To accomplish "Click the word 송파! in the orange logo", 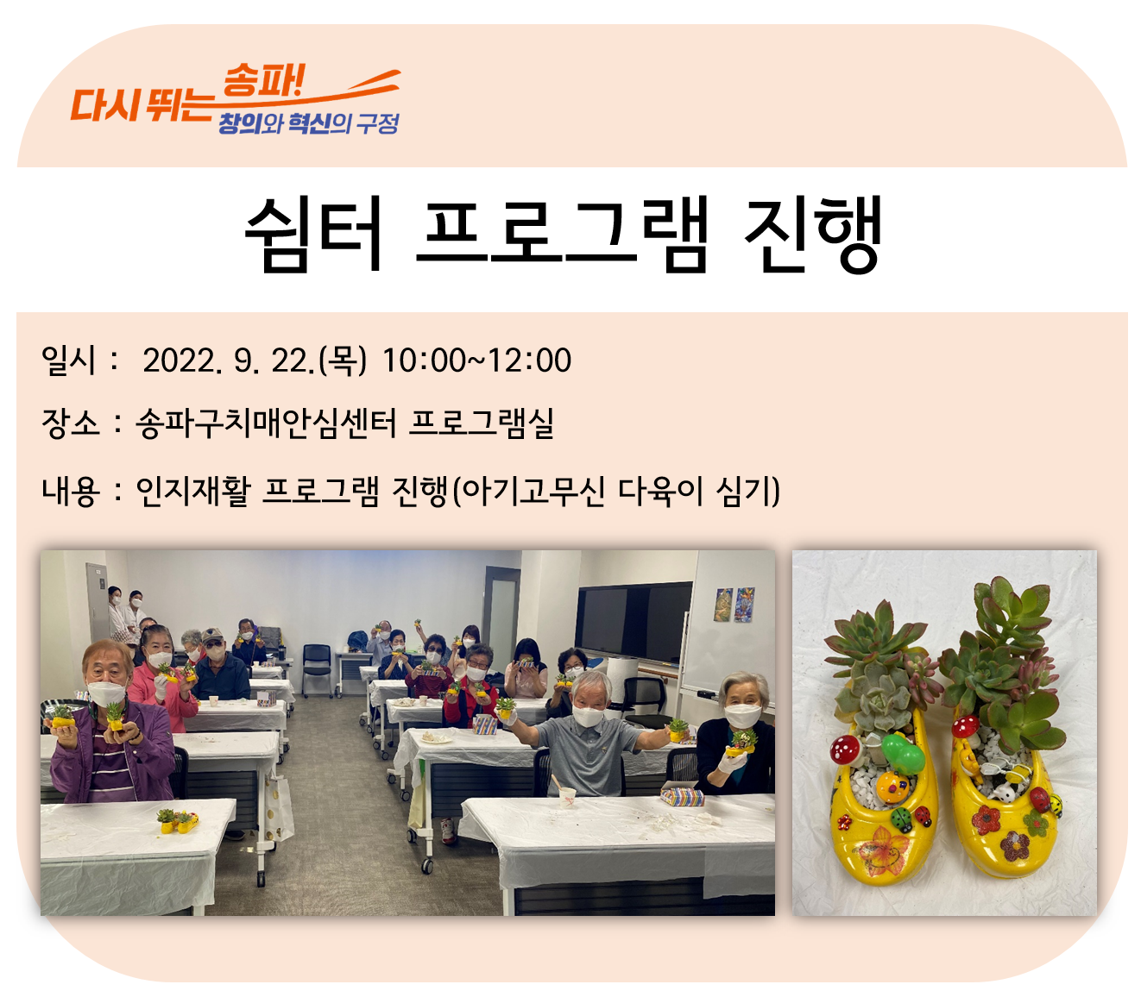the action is point(263,82).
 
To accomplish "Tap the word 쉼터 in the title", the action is point(313,235).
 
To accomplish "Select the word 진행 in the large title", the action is point(813,235).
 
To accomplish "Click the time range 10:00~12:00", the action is point(476,360).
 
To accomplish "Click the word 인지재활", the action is point(193,492).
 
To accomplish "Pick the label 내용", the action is point(71,492).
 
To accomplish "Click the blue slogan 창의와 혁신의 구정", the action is point(308,123).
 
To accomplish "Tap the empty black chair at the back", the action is point(318,668).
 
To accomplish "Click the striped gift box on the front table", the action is point(683,796).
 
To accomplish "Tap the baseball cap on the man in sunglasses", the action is point(212,636).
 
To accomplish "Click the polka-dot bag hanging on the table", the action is point(279,806).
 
